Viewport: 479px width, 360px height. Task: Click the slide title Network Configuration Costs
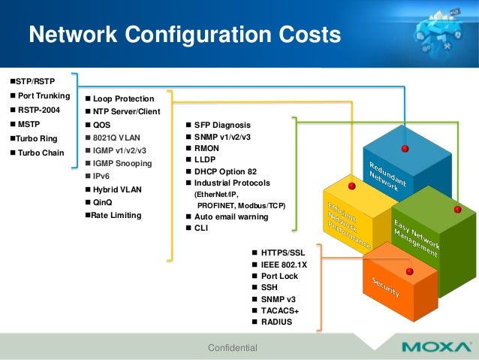pos(184,35)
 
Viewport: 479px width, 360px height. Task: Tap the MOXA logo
pos(435,347)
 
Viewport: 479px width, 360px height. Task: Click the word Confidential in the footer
pos(232,347)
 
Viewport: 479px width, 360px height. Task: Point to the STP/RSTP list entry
pos(35,80)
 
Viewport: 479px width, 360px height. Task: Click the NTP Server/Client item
pos(126,111)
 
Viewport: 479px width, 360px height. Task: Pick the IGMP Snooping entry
pos(122,163)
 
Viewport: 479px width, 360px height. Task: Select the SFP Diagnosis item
pos(222,125)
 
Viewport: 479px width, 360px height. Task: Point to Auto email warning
pos(230,216)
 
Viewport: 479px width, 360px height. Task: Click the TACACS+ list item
pos(280,310)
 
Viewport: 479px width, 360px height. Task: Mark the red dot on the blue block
pos(405,148)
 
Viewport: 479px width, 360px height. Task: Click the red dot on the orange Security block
pos(409,271)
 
